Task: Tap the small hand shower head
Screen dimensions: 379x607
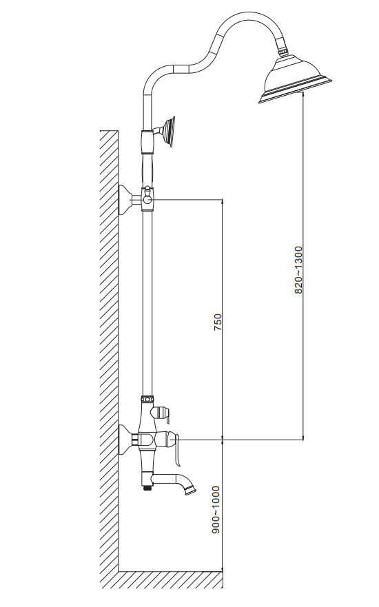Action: pos(169,131)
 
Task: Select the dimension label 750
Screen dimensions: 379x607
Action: pos(218,322)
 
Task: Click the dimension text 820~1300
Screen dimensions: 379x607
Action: pos(298,269)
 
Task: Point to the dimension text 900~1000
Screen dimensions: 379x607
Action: pos(216,510)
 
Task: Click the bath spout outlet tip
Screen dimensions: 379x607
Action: pos(191,491)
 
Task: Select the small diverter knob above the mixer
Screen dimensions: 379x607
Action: pos(162,412)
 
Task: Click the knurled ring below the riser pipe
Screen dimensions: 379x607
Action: pos(147,398)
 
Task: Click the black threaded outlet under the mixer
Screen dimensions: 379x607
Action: pos(147,488)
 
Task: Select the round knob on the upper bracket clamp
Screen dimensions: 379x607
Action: pos(147,199)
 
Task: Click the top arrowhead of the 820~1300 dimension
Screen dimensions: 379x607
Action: pos(303,95)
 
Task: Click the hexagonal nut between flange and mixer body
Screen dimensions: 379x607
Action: pos(135,440)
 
